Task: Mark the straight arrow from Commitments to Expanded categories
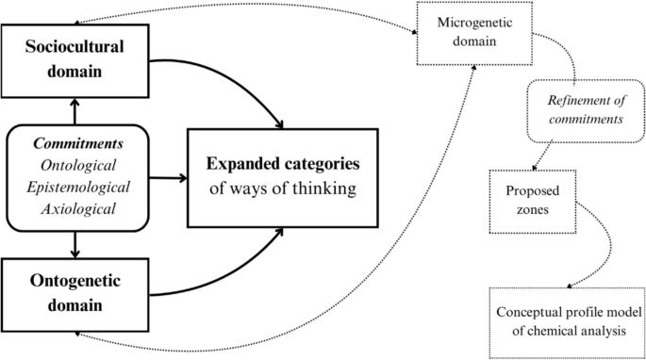(165, 176)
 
